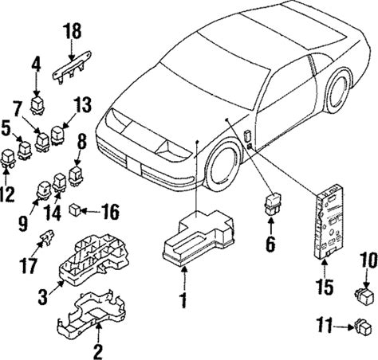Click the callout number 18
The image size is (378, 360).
coord(72,31)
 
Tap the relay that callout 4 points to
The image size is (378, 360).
coord(37,105)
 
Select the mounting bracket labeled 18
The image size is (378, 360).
coord(72,68)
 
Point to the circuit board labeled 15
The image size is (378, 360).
coord(329,222)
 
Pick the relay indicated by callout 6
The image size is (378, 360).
coord(271,204)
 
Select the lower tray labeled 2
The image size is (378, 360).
coord(92,316)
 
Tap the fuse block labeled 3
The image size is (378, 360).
coord(94,259)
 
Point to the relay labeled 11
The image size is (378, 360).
coord(362,326)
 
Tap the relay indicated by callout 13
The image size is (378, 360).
coord(57,136)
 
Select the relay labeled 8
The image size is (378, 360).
coord(75,176)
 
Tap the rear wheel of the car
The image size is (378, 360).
coord(340,91)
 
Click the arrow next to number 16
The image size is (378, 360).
coord(89,211)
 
